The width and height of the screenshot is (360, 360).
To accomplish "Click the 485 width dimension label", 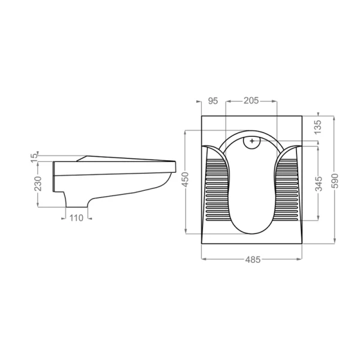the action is pos(253,260).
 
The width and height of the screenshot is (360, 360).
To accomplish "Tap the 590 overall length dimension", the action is pos(335,181).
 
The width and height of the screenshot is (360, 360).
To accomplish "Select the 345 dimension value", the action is pos(319,184).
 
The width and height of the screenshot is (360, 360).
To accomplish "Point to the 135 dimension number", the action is pos(318,127).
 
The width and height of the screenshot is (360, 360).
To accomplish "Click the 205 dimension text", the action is pos(251,101).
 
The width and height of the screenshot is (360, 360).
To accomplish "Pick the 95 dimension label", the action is pos(213,101).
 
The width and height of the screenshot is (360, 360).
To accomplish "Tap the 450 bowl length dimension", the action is pos(185,179).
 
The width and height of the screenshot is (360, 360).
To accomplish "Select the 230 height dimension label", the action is pos(38,184).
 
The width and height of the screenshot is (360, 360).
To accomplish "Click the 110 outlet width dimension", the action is pos(76,218).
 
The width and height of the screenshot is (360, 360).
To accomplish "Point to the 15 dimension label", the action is pos(34,158).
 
